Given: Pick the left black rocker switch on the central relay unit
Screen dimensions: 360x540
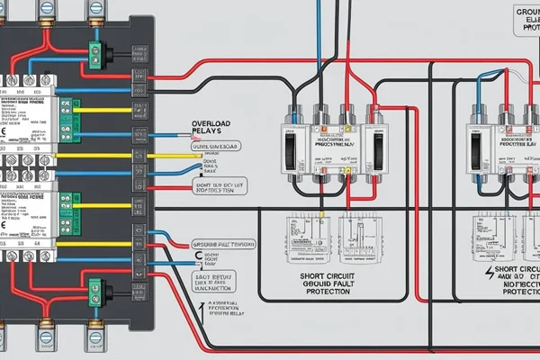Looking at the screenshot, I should pos(287,144).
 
